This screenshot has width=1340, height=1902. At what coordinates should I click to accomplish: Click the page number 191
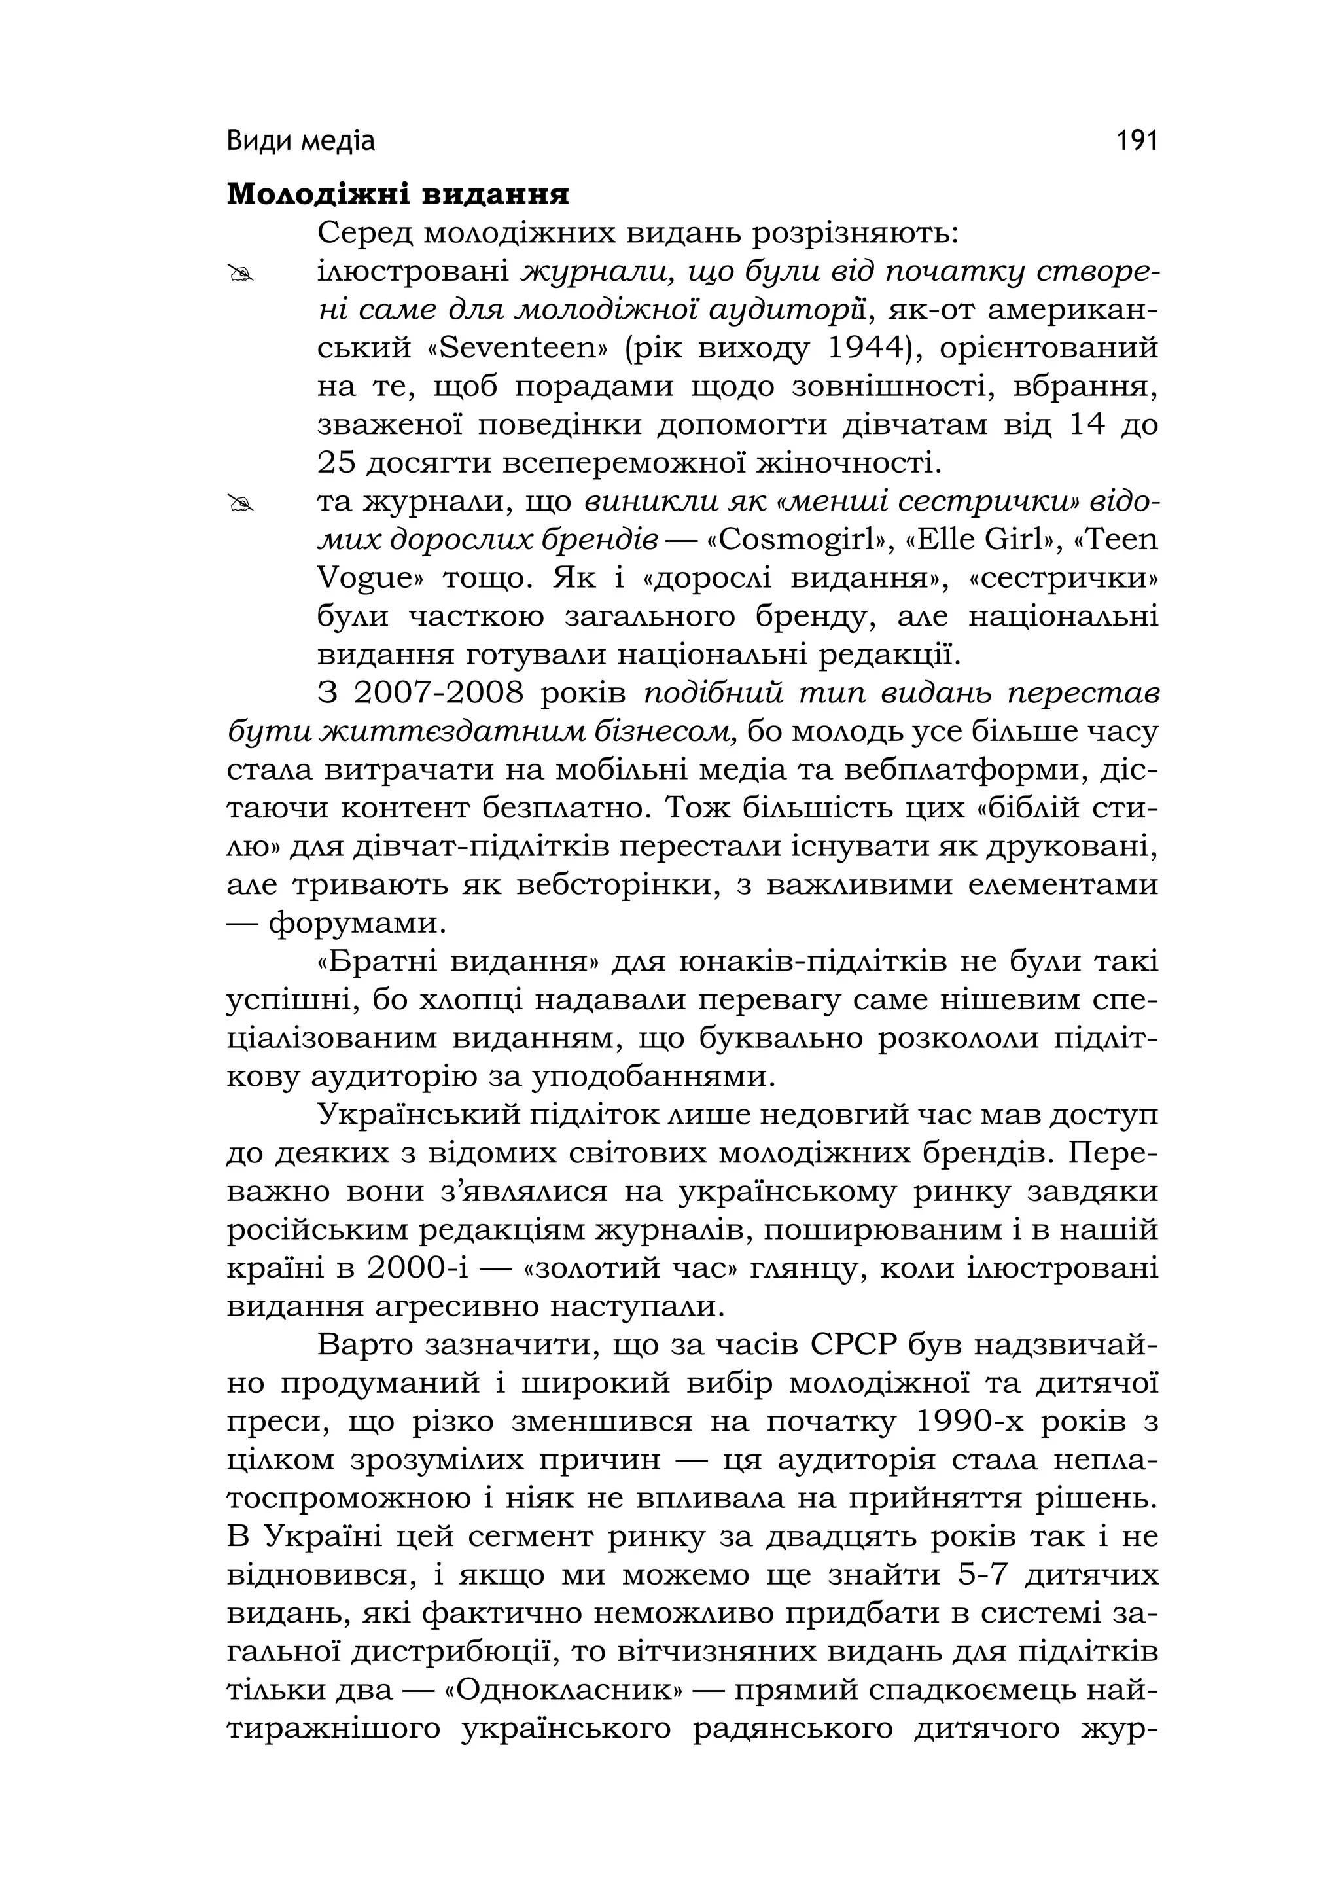[1137, 141]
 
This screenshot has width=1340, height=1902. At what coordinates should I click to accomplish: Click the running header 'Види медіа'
[300, 141]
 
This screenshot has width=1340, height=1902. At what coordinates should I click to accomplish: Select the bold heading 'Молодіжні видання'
[398, 194]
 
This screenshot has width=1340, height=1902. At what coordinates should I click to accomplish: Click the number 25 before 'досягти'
[336, 462]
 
